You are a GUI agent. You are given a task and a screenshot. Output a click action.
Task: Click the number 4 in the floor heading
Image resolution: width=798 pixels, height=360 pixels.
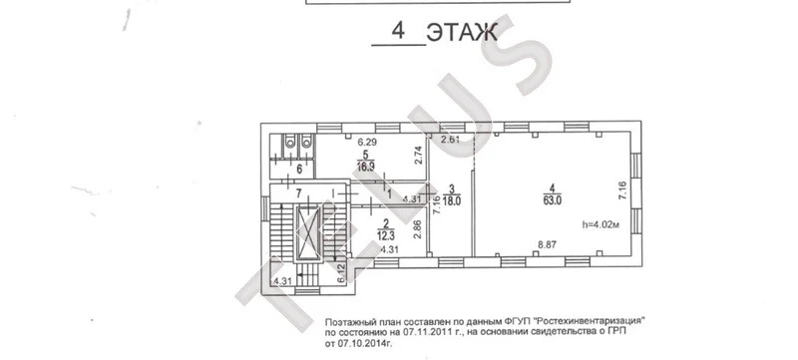coord(398,32)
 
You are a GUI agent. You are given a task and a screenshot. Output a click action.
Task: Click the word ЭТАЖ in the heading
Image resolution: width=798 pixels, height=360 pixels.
coord(462,33)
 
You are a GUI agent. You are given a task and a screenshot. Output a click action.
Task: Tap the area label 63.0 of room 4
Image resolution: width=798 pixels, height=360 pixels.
coord(553,199)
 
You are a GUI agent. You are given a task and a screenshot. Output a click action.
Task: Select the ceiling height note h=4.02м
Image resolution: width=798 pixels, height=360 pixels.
coord(599,224)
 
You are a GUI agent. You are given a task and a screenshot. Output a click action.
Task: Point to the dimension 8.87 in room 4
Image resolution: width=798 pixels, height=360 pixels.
coord(547,244)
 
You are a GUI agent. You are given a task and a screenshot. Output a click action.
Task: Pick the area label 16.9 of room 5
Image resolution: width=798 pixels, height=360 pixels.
coord(366,169)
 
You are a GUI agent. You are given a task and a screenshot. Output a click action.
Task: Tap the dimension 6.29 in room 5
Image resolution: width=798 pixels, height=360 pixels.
coord(366,144)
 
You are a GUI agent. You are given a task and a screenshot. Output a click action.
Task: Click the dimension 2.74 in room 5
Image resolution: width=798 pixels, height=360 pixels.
coord(420,156)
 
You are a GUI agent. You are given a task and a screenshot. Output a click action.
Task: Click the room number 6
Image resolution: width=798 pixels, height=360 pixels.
coord(284,169)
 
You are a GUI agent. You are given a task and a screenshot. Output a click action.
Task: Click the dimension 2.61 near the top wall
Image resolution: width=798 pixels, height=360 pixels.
coord(451,140)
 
